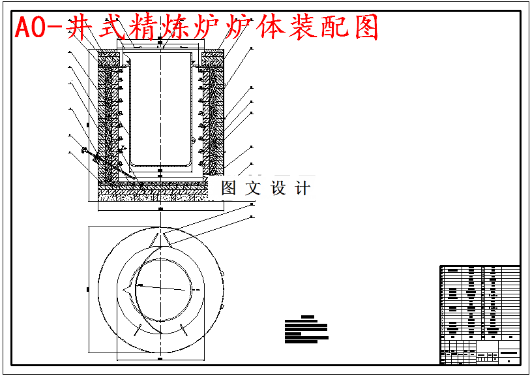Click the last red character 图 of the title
coord(364,28)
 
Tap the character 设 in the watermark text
coord(278,189)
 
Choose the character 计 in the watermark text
coord(302,189)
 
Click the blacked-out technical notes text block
coord(306,330)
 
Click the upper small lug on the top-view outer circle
coord(222,273)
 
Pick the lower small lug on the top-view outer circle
coord(222,305)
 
